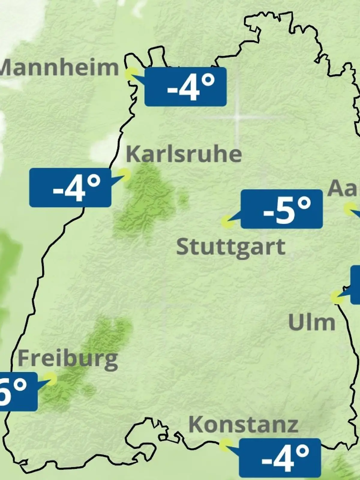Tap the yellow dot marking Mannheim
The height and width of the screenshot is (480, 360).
tap(131, 73)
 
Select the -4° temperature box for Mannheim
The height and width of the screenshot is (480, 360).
tap(185, 87)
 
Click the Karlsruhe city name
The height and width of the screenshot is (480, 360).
tap(184, 154)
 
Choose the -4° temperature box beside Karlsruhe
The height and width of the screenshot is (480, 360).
tap(70, 187)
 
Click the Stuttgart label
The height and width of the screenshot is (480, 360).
tap(231, 247)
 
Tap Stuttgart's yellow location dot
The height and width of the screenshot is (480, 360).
tap(227, 222)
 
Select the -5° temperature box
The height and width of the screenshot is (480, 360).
tap(282, 209)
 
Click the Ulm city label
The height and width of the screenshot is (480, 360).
tap(311, 323)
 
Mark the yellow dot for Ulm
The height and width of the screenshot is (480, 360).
tap(337, 297)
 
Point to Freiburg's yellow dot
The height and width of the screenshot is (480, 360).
tap(50, 379)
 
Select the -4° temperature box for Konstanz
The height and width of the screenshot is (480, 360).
tap(280, 457)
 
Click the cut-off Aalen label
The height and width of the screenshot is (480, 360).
tap(343, 188)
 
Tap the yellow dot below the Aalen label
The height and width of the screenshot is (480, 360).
tap(349, 209)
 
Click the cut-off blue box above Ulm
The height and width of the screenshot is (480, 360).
tap(355, 284)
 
